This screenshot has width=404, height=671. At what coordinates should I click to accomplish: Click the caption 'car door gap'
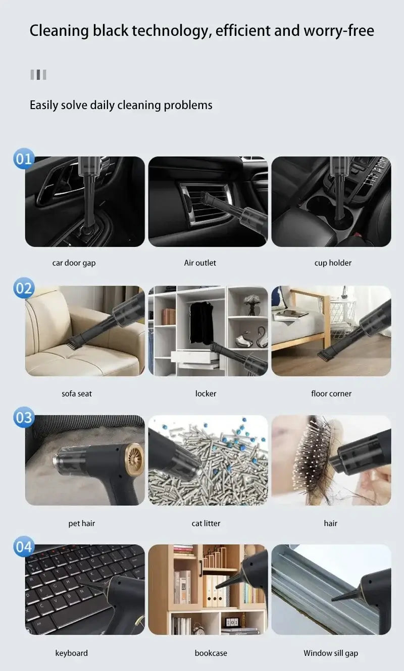tap(74, 263)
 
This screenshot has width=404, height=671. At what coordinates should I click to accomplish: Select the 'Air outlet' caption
tap(200, 263)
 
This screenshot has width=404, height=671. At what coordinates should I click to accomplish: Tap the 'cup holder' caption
tap(333, 263)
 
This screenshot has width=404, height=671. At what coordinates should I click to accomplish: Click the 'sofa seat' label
tap(77, 394)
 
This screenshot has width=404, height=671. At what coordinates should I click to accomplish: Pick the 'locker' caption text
tap(206, 394)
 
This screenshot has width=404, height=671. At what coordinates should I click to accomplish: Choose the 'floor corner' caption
tap(331, 394)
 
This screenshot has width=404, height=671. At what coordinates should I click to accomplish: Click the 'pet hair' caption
tap(82, 524)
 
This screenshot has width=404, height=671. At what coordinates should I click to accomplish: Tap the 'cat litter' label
tap(206, 524)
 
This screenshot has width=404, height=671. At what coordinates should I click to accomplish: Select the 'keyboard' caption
tap(71, 653)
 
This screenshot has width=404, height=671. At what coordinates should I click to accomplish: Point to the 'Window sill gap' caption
tap(331, 653)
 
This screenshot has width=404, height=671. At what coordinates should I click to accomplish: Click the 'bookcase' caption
tap(211, 653)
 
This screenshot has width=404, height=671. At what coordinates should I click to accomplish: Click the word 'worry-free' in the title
tap(339, 31)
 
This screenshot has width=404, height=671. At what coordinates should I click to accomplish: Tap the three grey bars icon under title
tap(38, 75)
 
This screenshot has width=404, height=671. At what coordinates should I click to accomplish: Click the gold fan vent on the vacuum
tap(134, 459)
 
